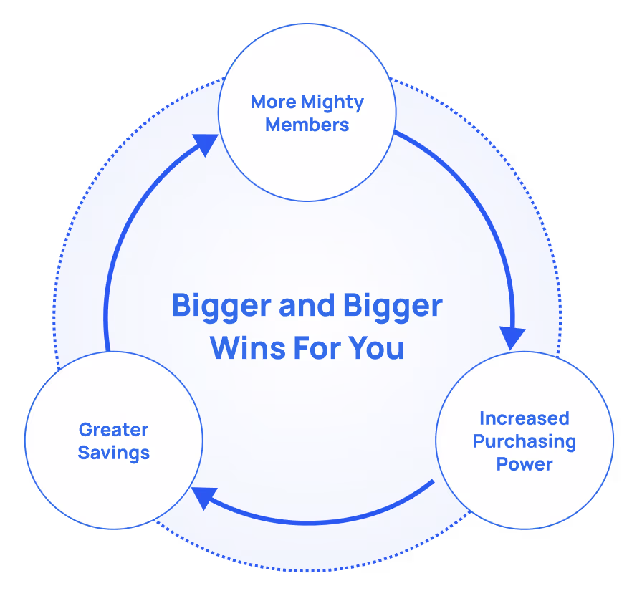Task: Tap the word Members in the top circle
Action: click(307, 125)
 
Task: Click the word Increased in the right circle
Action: click(524, 418)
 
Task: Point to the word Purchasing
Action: click(524, 441)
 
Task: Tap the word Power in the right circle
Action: click(524, 464)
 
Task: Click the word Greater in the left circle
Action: click(113, 430)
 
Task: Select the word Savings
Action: click(113, 453)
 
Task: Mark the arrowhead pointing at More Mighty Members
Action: click(206, 143)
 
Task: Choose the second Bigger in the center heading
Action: click(393, 307)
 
